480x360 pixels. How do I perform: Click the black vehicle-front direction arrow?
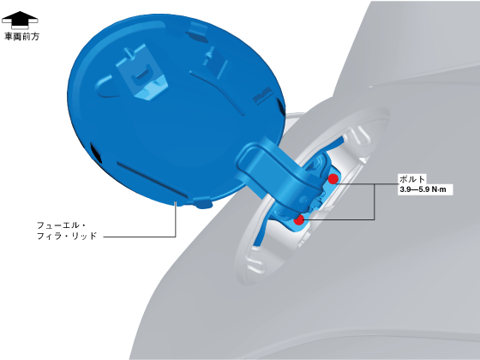20,21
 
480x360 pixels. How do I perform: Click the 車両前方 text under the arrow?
22,36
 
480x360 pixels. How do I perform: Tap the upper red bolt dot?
333,179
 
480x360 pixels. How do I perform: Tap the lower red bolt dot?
299,219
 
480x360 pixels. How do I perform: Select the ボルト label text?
412,179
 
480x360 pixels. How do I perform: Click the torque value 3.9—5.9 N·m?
423,189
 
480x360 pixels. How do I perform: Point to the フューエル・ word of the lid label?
61,225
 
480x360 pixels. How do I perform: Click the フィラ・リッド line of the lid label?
67,236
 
